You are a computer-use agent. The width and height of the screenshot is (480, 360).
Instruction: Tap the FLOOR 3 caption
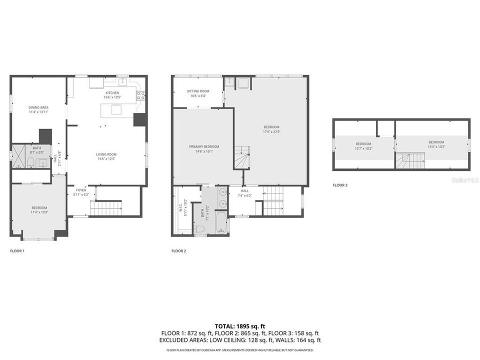[340, 185]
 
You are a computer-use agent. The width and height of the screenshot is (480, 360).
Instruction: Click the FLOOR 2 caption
[178, 250]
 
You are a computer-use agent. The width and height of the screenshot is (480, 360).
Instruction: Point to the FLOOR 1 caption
[17, 250]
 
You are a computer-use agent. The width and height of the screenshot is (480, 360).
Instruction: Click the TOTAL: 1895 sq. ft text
[239, 325]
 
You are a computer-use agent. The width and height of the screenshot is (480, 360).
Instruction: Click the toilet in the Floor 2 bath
[199, 229]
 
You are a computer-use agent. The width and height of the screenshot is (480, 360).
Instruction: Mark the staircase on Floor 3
[410, 160]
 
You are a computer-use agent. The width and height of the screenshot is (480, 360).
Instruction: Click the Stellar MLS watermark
[464, 179]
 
